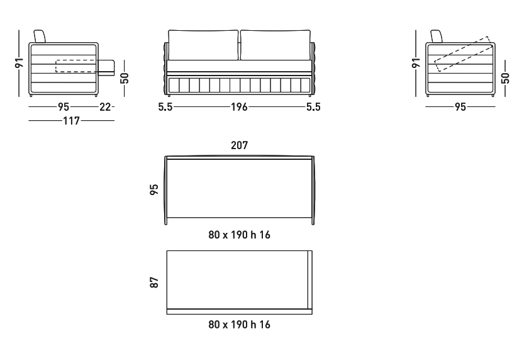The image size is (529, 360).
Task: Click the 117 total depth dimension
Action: (x=71, y=121)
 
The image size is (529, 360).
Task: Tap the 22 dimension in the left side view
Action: (x=105, y=107)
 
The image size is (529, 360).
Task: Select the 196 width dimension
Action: (x=239, y=107)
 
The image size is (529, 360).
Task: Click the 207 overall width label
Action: (x=239, y=145)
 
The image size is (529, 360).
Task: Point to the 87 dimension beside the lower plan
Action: (x=154, y=283)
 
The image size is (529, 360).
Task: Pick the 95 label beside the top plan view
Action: (x=154, y=189)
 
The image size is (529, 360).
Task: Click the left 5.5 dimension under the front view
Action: (x=165, y=107)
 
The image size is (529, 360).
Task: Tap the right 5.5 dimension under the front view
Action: (x=313, y=107)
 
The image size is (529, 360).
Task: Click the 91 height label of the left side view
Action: (x=19, y=63)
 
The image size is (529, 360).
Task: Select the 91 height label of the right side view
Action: (x=416, y=63)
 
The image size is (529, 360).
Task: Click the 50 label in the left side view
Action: (x=125, y=78)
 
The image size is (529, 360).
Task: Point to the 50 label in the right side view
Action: (x=505, y=78)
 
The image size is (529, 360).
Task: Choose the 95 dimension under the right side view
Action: (x=460, y=107)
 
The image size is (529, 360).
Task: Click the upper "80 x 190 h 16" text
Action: (x=239, y=235)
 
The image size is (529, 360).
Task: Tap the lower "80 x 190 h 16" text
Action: (x=239, y=325)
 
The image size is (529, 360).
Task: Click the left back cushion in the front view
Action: (x=203, y=45)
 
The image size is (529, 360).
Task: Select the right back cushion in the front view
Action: (x=276, y=45)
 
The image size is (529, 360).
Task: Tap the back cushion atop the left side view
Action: (x=40, y=37)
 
